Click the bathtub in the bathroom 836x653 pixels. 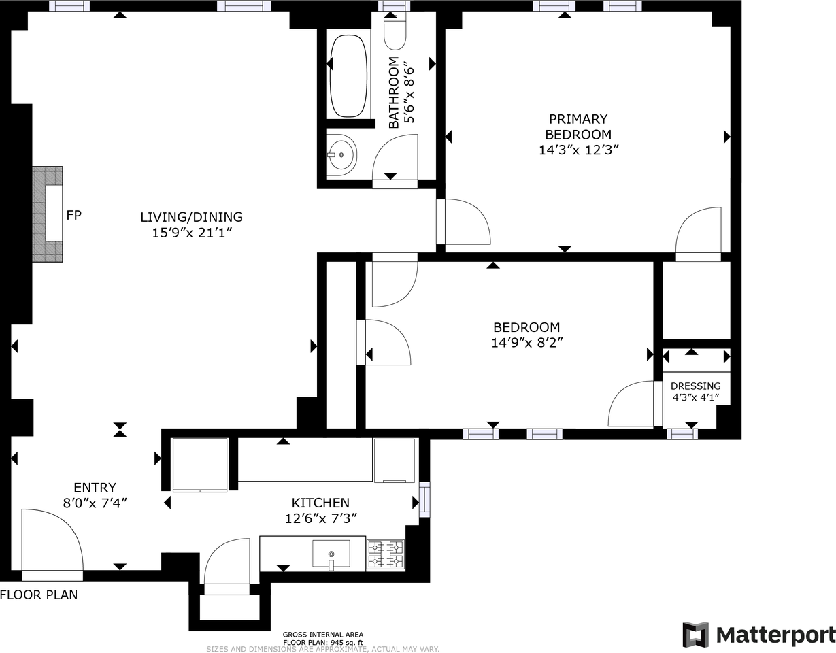click(x=348, y=76)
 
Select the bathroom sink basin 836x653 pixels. click(x=341, y=155)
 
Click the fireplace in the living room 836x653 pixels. click(x=48, y=214)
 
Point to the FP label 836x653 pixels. click(x=74, y=215)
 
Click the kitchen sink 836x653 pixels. click(x=331, y=554)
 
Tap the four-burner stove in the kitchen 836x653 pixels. click(x=385, y=554)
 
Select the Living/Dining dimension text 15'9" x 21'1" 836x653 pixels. click(x=192, y=233)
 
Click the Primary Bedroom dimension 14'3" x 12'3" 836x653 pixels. click(x=578, y=150)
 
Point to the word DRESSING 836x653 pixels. click(x=696, y=386)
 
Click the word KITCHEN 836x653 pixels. click(x=320, y=503)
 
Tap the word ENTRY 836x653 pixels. click(x=95, y=488)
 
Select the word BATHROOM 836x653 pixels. click(x=394, y=93)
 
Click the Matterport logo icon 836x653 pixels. click(x=695, y=635)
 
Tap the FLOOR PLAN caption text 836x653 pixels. click(x=39, y=595)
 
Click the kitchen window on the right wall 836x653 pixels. click(x=424, y=499)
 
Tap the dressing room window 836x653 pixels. click(x=682, y=434)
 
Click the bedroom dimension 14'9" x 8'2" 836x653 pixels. click(x=527, y=342)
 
